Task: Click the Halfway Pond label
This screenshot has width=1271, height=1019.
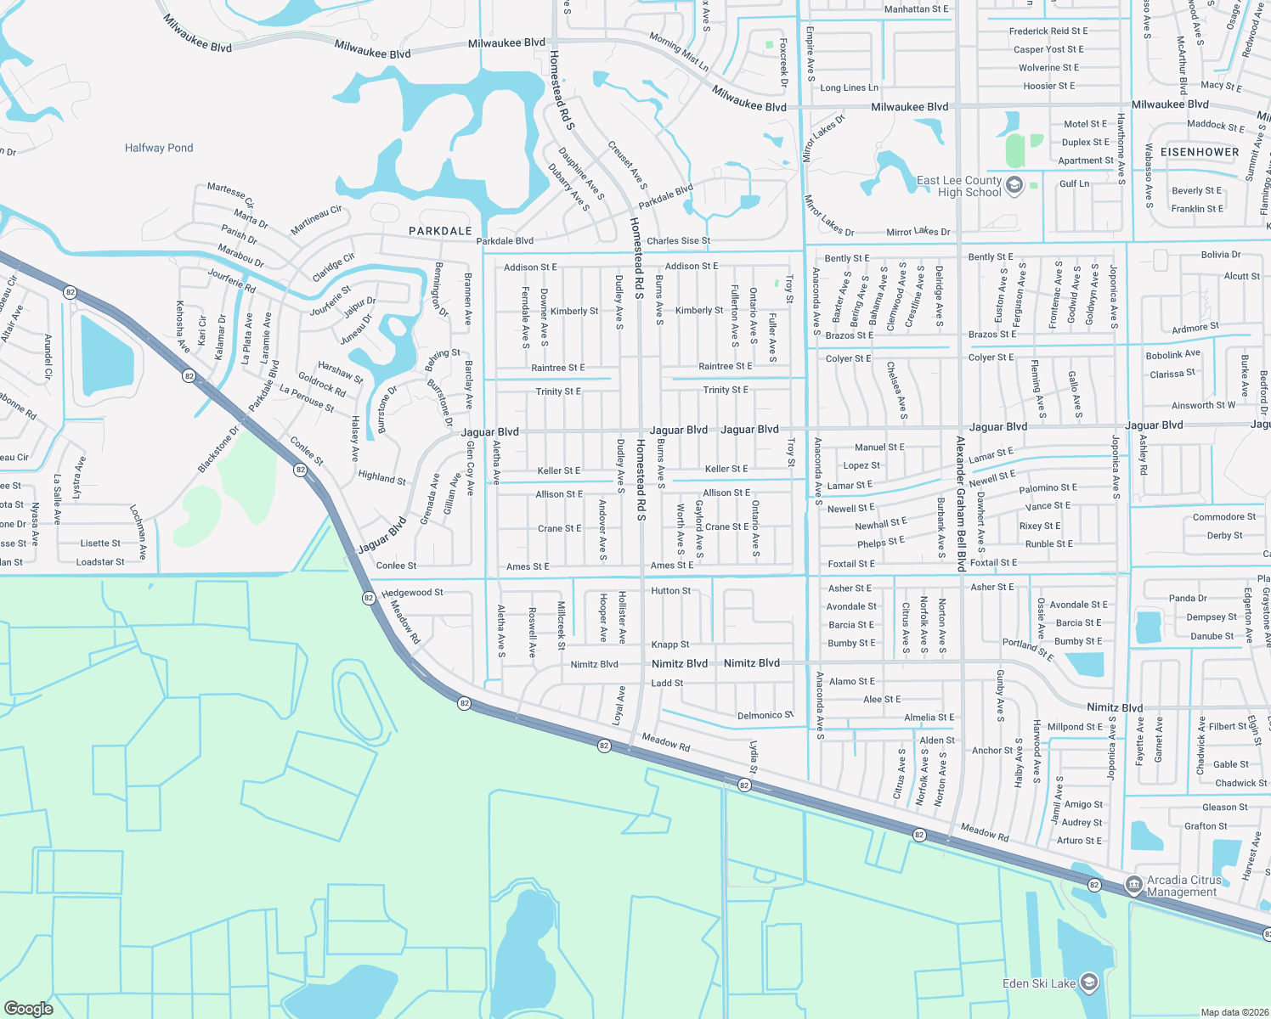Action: [x=159, y=148]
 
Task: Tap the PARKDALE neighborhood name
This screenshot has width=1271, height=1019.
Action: [x=440, y=231]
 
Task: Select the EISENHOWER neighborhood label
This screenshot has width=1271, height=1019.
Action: [x=1200, y=152]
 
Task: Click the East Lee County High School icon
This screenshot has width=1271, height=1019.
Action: [x=1014, y=185]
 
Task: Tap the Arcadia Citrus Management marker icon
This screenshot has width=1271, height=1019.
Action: [x=1133, y=885]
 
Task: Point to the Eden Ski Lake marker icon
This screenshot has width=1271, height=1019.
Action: [x=1089, y=983]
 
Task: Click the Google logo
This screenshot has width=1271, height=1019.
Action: [x=28, y=1008]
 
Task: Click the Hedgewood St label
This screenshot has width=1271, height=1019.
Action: [x=412, y=593]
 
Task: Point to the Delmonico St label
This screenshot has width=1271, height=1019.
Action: [x=765, y=716]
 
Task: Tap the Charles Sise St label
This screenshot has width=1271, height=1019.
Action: [x=678, y=241]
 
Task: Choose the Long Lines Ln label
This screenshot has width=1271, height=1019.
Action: [x=849, y=87]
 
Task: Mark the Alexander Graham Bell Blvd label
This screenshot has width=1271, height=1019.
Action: [x=960, y=503]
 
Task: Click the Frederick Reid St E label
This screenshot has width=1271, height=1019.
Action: [x=1048, y=31]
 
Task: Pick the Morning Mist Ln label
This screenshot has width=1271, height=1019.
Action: [x=679, y=52]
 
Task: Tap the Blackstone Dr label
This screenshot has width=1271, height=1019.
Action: [x=218, y=449]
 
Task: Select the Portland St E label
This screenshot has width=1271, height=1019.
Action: [x=1027, y=650]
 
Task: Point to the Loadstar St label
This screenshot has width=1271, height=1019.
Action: [x=100, y=562]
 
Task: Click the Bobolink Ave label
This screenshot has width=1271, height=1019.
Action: [x=1172, y=354]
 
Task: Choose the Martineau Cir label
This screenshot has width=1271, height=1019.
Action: [x=316, y=220]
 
